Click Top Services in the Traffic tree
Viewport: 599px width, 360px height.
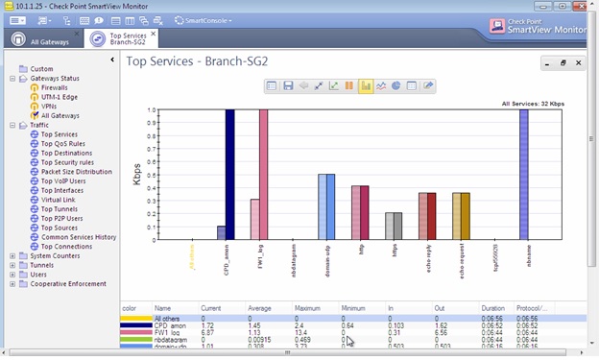pos(59,134)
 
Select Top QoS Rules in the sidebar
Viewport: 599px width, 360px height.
pos(62,144)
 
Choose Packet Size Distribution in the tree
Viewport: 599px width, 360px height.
pos(76,172)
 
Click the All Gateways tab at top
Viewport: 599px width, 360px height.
pos(48,41)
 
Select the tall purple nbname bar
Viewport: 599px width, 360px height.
pos(523,174)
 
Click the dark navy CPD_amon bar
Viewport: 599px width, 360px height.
pos(230,174)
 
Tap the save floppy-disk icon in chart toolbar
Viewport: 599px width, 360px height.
pos(287,85)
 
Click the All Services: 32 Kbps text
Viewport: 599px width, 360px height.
pos(529,103)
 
